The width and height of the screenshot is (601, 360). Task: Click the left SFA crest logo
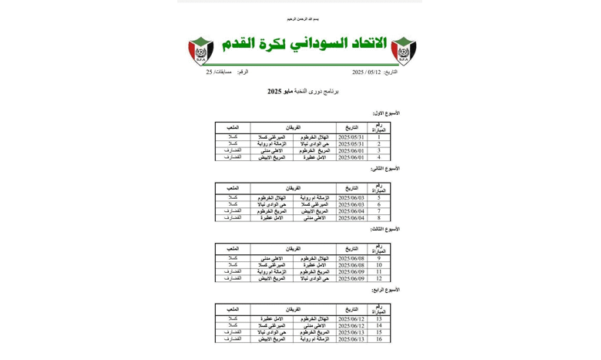pyautogui.click(x=201, y=51)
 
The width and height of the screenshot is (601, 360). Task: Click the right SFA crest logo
pyautogui.click(x=404, y=51)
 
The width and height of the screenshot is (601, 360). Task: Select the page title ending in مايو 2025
pyautogui.click(x=303, y=92)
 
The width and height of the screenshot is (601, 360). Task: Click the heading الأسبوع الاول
pyautogui.click(x=386, y=113)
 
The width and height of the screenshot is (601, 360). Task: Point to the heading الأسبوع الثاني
pyautogui.click(x=385, y=169)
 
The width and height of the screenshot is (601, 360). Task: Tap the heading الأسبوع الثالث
pyautogui.click(x=385, y=229)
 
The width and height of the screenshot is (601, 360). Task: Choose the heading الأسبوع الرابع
pyautogui.click(x=385, y=290)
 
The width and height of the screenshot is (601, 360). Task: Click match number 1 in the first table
pyautogui.click(x=378, y=137)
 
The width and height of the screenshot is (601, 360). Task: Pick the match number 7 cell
pyautogui.click(x=378, y=210)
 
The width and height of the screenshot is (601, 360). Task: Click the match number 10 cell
pyautogui.click(x=378, y=265)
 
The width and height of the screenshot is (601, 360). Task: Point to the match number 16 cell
pyautogui.click(x=378, y=339)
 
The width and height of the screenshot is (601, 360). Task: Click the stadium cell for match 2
pyautogui.click(x=233, y=143)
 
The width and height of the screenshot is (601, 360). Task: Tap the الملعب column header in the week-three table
pyautogui.click(x=233, y=248)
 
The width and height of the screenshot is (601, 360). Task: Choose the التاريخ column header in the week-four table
pyautogui.click(x=351, y=308)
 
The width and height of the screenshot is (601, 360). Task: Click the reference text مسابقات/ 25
pyautogui.click(x=219, y=72)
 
